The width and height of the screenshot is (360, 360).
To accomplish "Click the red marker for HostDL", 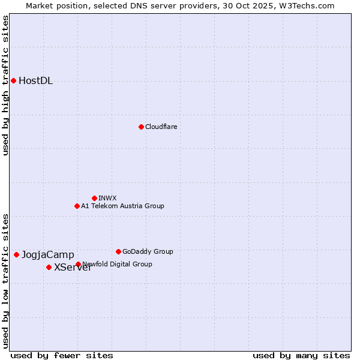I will pos(13,80).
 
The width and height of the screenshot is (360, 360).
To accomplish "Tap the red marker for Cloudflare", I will pos(141,127).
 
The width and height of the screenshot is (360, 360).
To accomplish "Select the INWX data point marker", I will pos(94,198).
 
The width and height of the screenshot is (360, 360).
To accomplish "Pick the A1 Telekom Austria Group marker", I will pos(77,206).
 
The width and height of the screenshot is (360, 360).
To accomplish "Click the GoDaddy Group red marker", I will pos(118,251).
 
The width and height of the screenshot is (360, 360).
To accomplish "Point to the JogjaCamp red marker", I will pos(16,254).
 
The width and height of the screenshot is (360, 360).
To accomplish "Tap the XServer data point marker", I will pos(49,267).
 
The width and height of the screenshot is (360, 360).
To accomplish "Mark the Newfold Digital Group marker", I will pos(78,264).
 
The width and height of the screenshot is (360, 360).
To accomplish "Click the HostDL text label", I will pos(36,81).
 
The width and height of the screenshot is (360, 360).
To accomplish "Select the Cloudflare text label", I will pos(161,127).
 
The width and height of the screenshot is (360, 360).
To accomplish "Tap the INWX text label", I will pos(107,198).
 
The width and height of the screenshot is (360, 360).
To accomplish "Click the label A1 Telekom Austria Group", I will pos(122,206).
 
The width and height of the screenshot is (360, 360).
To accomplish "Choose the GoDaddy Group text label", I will pos(148,251).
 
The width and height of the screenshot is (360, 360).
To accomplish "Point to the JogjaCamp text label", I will pos(48,255).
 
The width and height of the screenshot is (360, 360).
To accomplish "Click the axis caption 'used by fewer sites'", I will pos(62,355).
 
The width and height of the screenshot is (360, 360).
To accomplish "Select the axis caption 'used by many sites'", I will pos(301,355).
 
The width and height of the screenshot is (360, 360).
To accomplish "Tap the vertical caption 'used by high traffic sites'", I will pos(6,85).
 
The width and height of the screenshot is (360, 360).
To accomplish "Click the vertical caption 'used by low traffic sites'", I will pos(6,280).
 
